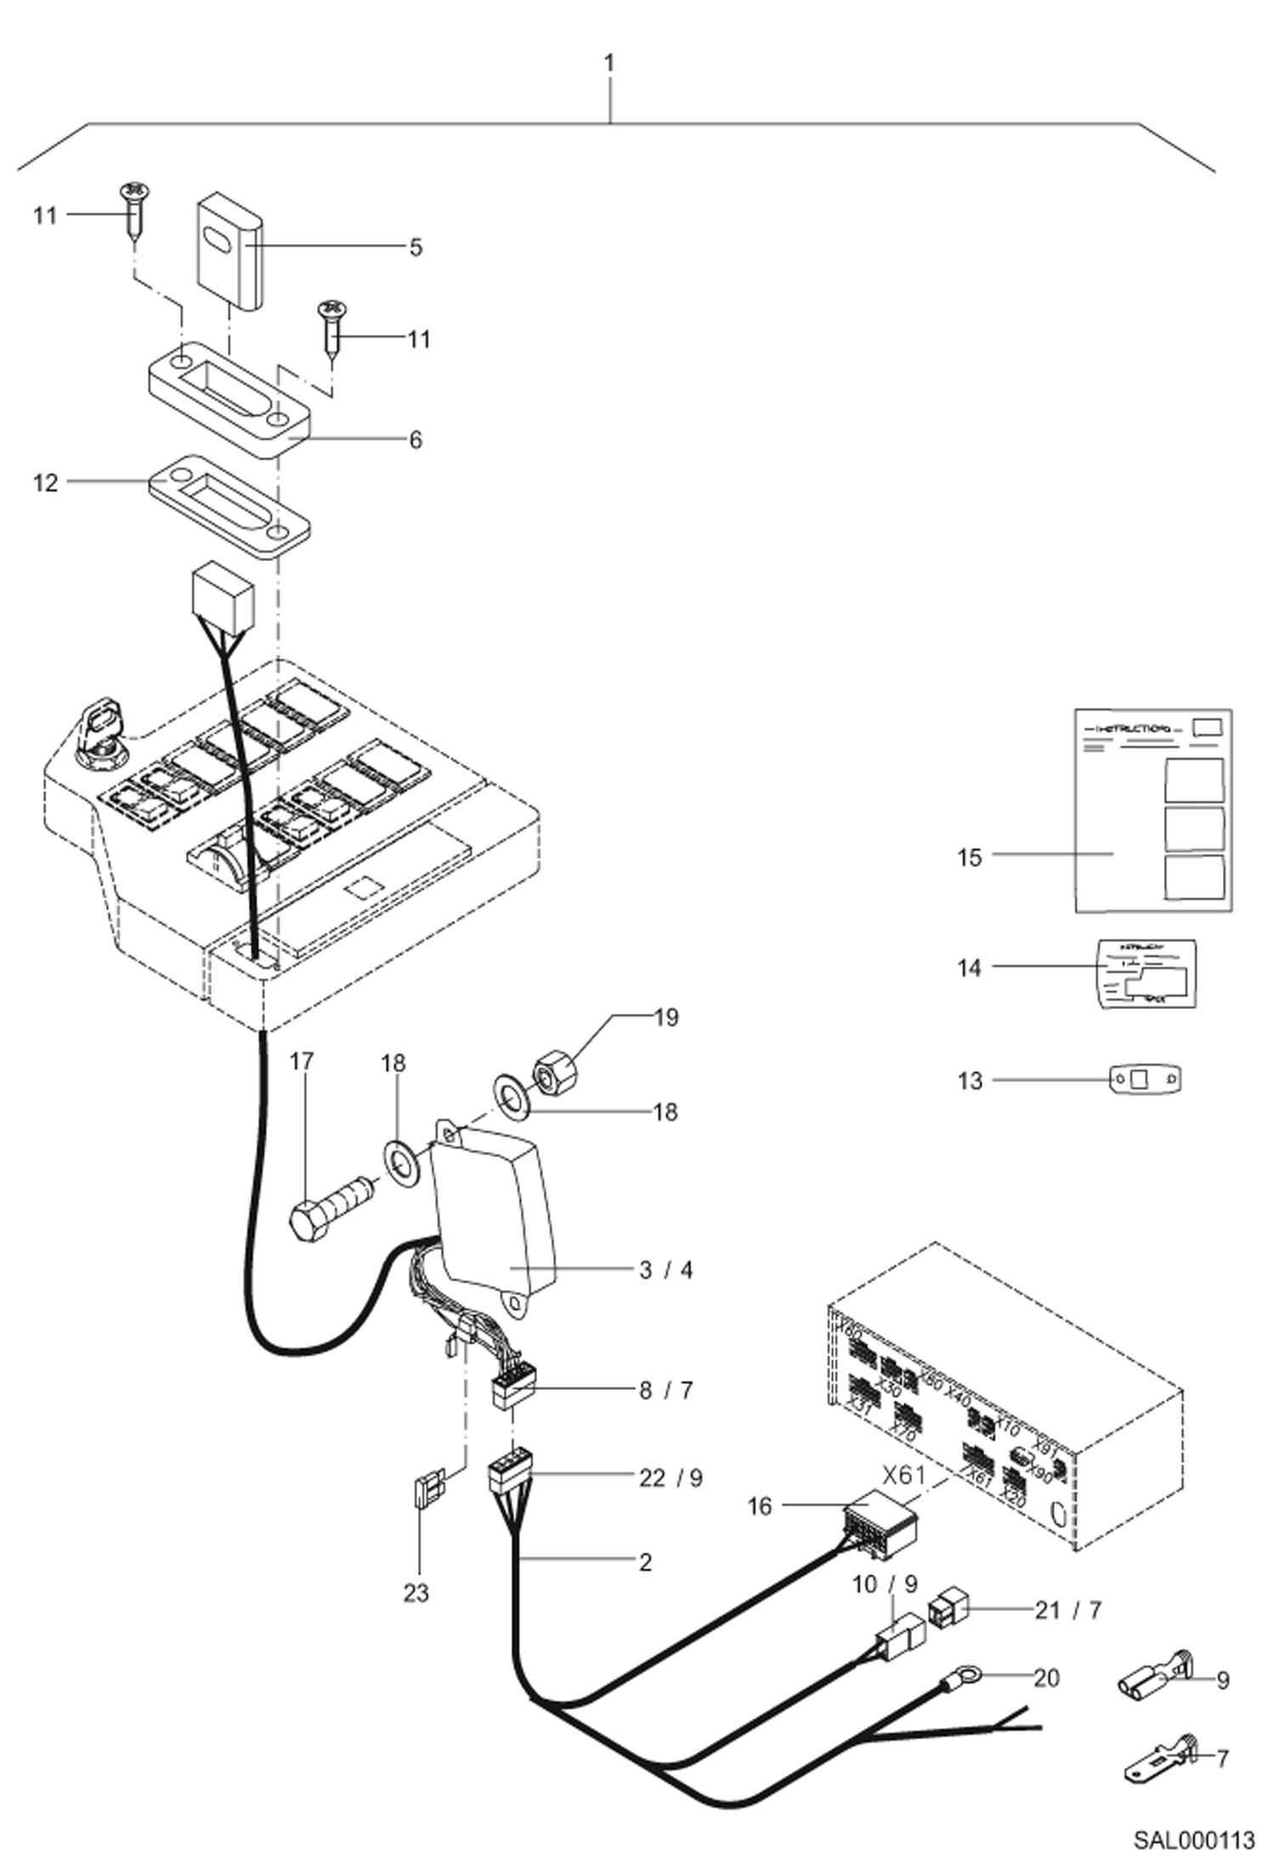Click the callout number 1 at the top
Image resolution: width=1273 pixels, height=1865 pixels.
point(608,63)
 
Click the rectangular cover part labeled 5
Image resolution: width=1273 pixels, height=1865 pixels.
point(229,251)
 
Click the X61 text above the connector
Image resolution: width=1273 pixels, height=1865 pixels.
point(903,1475)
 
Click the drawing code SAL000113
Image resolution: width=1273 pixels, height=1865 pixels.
point(1193,1839)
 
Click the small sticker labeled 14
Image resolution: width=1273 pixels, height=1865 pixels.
point(1146,974)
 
